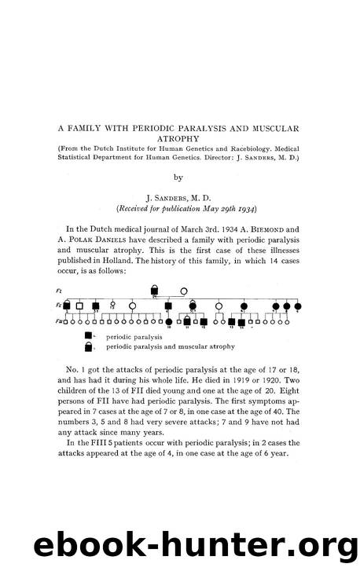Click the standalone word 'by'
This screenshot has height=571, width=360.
pyautogui.click(x=180, y=178)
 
